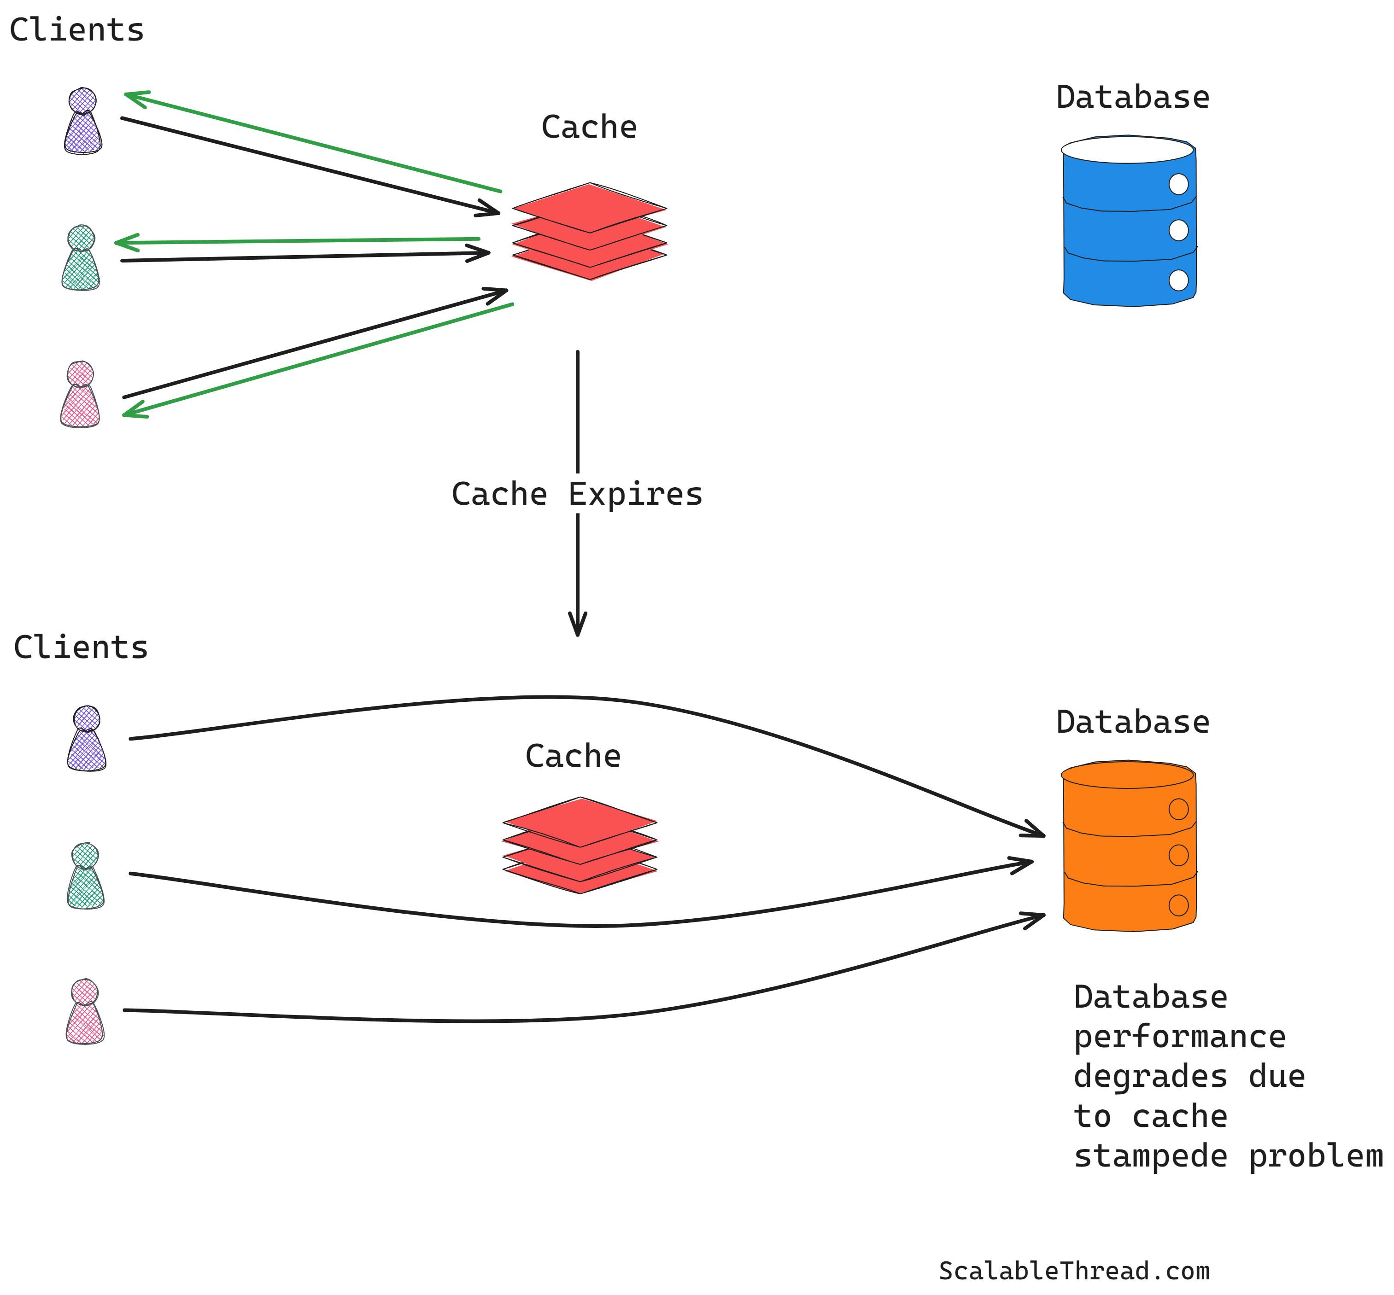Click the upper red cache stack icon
589,231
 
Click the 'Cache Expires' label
576,494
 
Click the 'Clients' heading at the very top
76,30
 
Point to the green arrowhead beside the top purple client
133,96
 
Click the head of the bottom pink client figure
85,992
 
